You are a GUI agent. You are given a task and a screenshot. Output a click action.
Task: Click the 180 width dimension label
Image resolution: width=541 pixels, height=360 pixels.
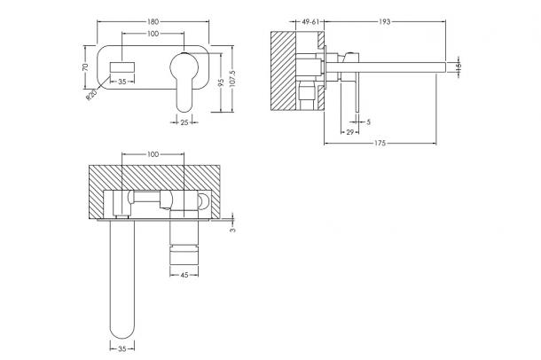pyautogui.click(x=153, y=21)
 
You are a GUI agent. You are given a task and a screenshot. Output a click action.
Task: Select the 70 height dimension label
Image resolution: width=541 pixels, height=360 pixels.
pyautogui.click(x=85, y=67)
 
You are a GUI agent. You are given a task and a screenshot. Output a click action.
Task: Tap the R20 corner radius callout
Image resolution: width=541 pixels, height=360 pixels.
pyautogui.click(x=91, y=95)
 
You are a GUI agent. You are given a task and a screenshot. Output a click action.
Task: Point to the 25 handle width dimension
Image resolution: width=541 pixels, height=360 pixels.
pyautogui.click(x=184, y=122)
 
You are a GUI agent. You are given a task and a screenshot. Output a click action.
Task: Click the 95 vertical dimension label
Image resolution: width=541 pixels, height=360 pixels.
pyautogui.click(x=221, y=82)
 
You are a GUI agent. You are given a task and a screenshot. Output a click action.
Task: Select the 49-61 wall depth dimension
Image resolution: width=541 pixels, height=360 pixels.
pyautogui.click(x=310, y=21)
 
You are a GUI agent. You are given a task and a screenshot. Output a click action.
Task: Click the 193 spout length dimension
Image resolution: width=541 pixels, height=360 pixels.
pyautogui.click(x=384, y=21)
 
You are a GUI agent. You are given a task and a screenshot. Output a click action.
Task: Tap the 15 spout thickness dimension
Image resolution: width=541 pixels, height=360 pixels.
pyautogui.click(x=458, y=67)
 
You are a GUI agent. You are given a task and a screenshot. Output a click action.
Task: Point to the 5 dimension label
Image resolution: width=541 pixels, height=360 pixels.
pyautogui.click(x=368, y=122)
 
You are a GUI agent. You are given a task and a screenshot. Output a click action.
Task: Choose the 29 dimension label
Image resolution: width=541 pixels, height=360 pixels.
pyautogui.click(x=349, y=132)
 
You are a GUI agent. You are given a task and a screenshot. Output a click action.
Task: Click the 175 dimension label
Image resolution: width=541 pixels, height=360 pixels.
pyautogui.click(x=380, y=143)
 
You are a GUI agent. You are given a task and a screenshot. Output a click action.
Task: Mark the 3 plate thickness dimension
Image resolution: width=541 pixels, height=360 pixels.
pyautogui.click(x=232, y=230)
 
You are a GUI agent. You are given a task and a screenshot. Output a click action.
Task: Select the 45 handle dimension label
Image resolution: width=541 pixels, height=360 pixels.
pyautogui.click(x=184, y=275)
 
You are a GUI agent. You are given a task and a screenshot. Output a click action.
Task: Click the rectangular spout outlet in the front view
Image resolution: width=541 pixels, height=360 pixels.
pyautogui.click(x=122, y=67)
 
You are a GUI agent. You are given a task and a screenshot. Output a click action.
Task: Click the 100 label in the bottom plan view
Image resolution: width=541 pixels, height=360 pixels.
pyautogui.click(x=153, y=154)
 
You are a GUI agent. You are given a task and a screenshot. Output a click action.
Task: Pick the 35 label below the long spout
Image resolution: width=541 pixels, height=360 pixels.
pyautogui.click(x=122, y=348)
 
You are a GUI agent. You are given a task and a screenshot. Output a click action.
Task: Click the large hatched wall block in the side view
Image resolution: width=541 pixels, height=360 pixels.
pyautogui.click(x=283, y=71)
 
